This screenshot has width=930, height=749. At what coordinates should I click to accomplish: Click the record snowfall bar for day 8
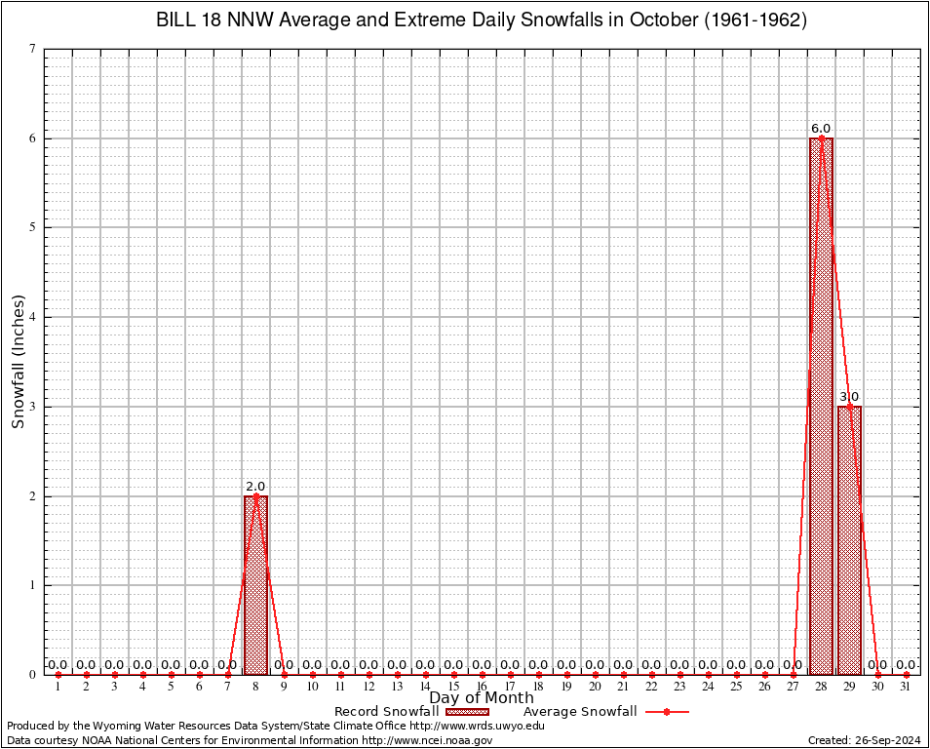point(255,585)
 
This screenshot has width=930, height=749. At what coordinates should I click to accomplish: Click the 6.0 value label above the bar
point(821,129)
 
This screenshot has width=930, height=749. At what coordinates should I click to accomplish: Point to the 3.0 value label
point(849,397)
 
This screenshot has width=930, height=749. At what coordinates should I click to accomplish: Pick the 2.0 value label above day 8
point(255,486)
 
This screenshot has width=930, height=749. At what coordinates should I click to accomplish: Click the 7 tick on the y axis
point(33,49)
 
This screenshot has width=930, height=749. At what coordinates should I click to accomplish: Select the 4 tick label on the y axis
point(33,317)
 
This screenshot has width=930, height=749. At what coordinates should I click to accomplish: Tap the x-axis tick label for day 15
point(453,688)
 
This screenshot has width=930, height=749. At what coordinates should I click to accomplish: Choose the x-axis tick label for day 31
point(906,688)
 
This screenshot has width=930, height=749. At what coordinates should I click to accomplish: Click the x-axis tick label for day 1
point(58,688)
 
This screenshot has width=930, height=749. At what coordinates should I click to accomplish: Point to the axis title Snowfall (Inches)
point(18,361)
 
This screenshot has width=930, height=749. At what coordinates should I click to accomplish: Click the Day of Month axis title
point(482,698)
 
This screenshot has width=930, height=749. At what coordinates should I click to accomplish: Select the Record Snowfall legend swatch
point(465,712)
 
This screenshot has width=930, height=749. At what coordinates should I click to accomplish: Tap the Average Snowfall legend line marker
point(666,712)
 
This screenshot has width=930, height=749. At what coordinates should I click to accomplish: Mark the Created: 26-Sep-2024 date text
point(865,741)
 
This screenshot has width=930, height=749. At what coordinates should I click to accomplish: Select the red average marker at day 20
point(595,674)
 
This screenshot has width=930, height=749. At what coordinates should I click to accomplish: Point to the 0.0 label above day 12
point(368,665)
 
